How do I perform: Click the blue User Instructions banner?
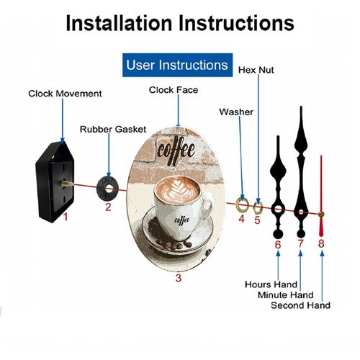coord(177,65)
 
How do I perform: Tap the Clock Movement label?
coord(65,94)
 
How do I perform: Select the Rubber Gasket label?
coord(113,130)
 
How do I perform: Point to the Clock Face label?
coord(174,90)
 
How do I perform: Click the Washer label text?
coord(236,112)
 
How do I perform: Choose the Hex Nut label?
coord(256,70)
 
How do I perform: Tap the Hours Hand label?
coord(271,284)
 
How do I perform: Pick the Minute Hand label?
coord(286,295)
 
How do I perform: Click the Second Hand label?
coord(300,305)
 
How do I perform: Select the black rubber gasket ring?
coord(101,189)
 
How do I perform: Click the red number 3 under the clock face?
coord(179,278)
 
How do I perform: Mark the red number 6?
coord(278,245)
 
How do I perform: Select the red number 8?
coord(321,243)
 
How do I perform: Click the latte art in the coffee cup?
coord(178,190)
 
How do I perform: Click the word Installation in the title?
coord(119,23)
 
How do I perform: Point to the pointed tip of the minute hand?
coord(301,107)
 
